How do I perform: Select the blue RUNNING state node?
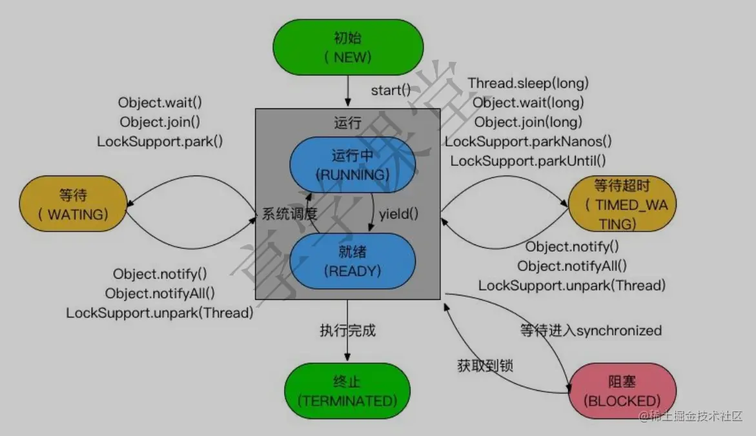352,165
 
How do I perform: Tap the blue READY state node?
352,261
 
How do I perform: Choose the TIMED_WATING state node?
622,204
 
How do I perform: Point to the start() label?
391,90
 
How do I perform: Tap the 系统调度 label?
290,214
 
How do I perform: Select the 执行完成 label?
347,331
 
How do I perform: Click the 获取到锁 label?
485,366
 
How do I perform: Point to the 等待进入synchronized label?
591,331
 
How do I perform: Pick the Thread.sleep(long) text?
528,83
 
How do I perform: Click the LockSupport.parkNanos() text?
528,141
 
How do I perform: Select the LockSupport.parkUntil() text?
528,161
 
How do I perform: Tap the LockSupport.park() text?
160,141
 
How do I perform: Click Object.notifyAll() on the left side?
160,293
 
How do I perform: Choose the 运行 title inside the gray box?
348,123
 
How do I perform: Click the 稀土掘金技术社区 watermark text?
696,417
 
